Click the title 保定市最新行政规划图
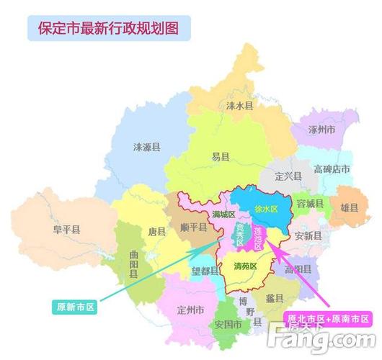click(108, 30)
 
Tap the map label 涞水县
click(239, 105)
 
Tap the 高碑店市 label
click(332, 169)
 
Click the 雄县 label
click(349, 207)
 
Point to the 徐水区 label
click(266, 209)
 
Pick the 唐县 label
click(156, 232)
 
